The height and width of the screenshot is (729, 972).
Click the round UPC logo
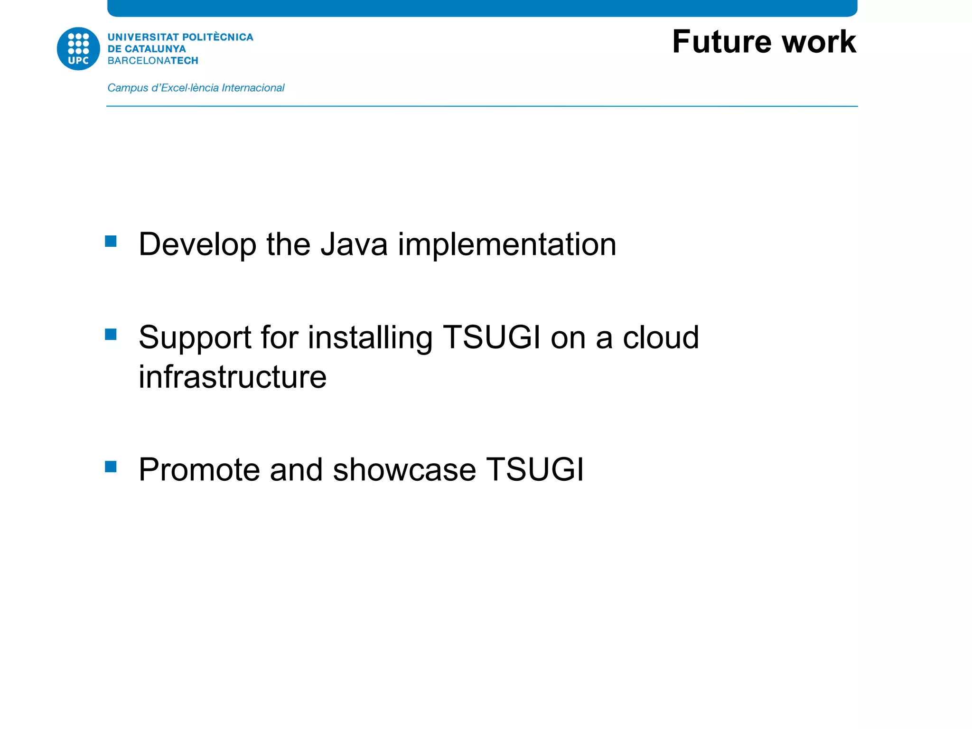78,48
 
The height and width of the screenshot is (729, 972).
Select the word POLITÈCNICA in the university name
218,37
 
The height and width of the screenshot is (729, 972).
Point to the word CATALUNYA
155,49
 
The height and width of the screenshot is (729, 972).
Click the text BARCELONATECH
153,61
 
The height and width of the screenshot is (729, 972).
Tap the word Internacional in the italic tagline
253,88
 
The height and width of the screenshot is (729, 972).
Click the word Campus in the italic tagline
128,88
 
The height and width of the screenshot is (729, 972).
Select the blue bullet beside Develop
111,242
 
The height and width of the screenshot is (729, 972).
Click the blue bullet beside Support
111,335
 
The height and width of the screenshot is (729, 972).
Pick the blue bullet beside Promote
111,467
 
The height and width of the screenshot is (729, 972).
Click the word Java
354,244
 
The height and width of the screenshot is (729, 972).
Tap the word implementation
507,244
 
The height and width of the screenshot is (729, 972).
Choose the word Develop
197,244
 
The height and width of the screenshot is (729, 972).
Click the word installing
370,338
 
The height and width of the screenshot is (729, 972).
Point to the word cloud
661,338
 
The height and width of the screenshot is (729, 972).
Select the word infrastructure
233,377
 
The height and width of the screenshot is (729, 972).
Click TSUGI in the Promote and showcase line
535,470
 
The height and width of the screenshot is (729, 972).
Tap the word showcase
404,470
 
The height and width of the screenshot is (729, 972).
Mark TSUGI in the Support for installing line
491,338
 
